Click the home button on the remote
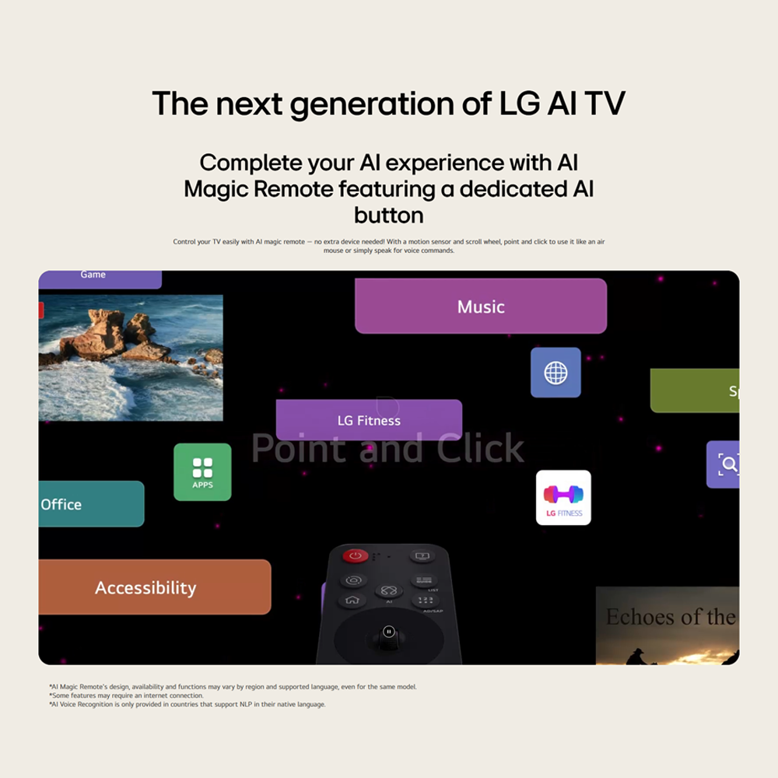tap(352, 600)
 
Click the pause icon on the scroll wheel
tap(389, 632)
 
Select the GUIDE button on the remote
tap(424, 580)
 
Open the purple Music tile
tap(481, 307)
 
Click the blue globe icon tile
tap(555, 373)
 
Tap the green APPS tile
tap(202, 471)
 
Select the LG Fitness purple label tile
tap(369, 420)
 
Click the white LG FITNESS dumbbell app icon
tap(563, 498)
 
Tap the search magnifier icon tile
tap(725, 464)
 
